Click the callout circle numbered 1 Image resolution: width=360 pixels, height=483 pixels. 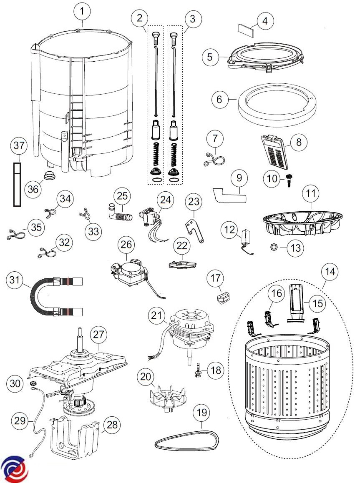coord(83,13)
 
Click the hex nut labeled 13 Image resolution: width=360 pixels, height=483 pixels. coord(272,248)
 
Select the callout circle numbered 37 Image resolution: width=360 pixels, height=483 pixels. coord(19,147)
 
